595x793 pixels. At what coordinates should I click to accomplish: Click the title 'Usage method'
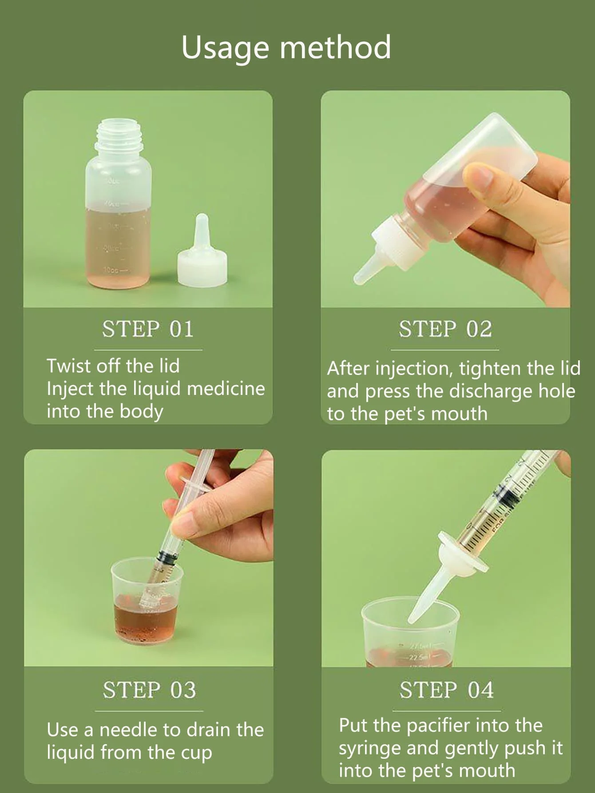pos(286,47)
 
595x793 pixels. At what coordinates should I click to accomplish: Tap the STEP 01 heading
pos(148,329)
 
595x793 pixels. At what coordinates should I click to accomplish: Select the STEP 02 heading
pos(445,329)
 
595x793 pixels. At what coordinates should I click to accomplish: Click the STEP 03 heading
pos(149,690)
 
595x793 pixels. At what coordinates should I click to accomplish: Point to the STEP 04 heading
pos(446,690)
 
